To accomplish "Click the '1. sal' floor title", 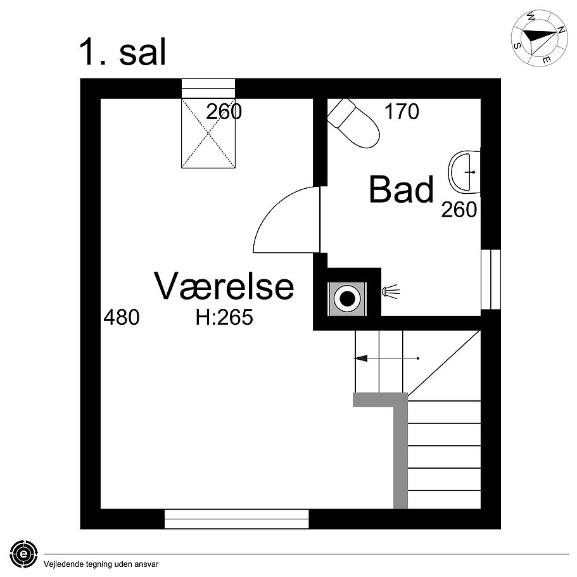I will [122, 52].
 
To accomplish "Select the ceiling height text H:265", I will [224, 317].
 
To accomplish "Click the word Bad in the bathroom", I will [402, 190].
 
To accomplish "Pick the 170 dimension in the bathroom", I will [402, 112].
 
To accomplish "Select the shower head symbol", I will [391, 292].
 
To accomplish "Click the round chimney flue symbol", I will [347, 298].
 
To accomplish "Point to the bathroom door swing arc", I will [285, 219].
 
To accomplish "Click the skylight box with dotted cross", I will [208, 133].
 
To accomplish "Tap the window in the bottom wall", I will [236, 519].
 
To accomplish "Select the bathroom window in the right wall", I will [490, 279].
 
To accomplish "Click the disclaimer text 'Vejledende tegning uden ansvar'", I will [101, 563].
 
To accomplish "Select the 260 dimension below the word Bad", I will [459, 210].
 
